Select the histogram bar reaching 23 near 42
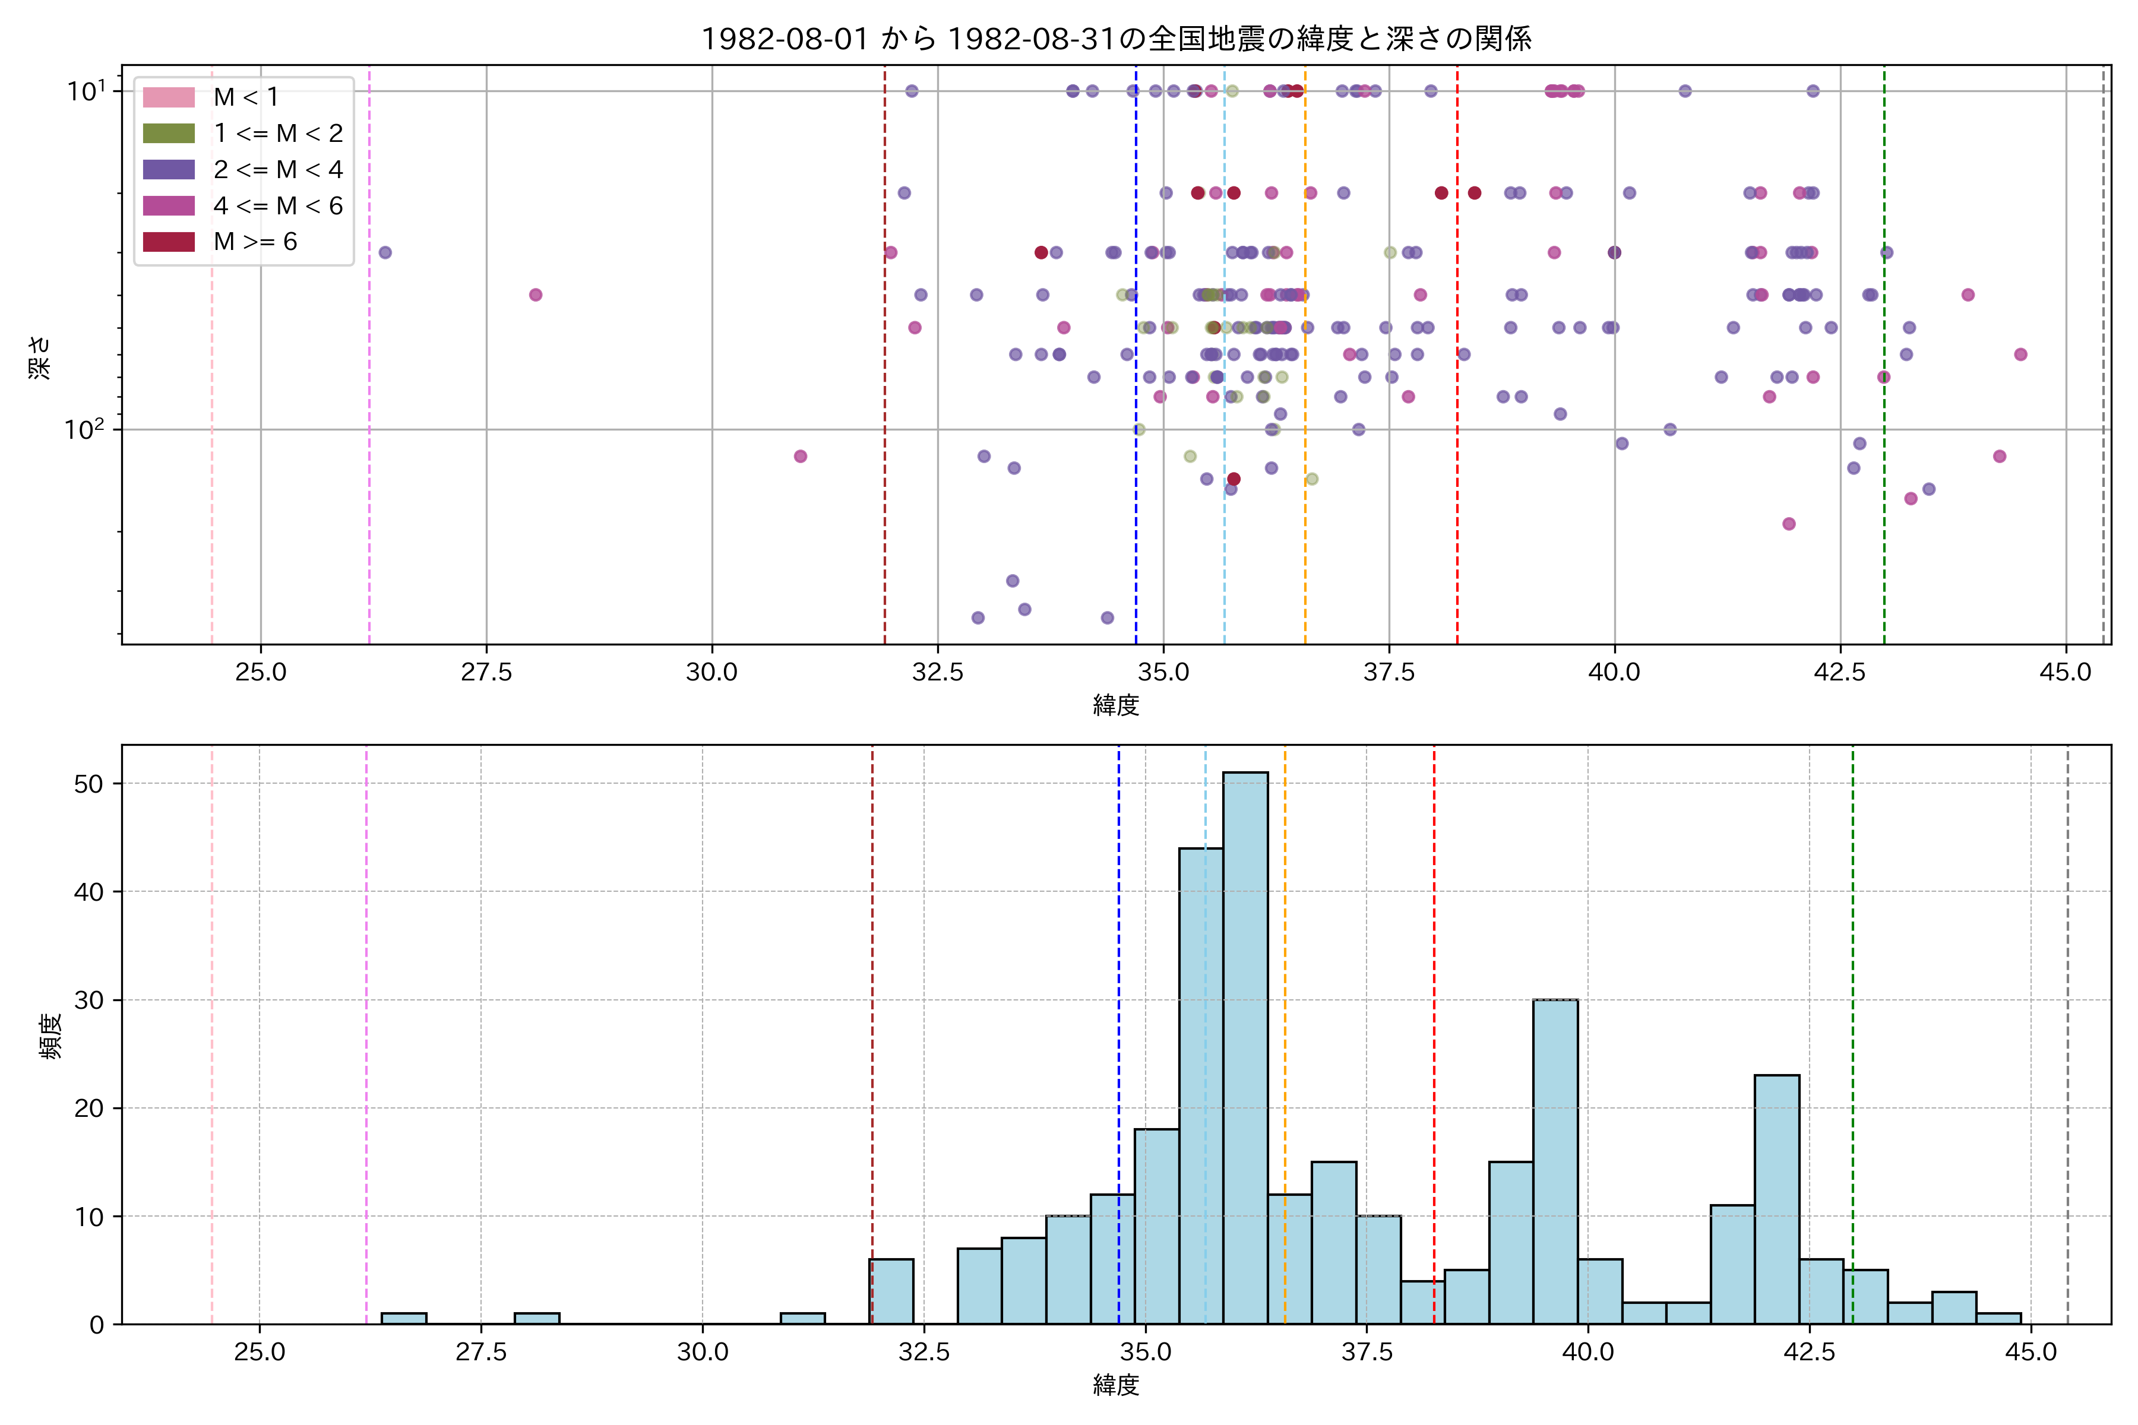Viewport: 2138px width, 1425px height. point(1776,1199)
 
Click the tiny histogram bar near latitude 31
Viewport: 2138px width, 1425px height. point(803,1319)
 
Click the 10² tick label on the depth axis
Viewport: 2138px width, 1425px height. point(84,429)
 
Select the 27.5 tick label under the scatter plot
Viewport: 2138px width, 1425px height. point(486,673)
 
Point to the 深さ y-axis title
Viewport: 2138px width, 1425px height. point(40,356)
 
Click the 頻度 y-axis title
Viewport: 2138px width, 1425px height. point(51,1036)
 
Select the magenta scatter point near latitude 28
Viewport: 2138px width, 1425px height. point(536,294)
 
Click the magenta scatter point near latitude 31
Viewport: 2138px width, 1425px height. point(800,456)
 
